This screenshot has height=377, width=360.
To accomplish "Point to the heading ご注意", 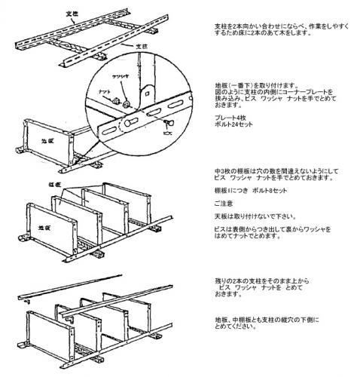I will (224, 203).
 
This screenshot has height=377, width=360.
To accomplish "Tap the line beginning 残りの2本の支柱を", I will (263, 280).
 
